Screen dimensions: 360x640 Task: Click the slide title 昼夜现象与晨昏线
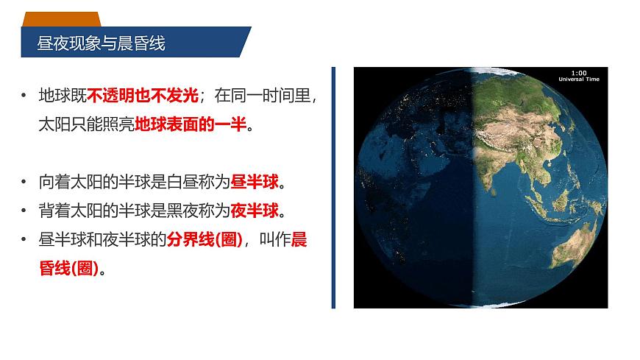point(101,44)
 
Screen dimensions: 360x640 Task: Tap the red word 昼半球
point(255,181)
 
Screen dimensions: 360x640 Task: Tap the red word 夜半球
point(255,211)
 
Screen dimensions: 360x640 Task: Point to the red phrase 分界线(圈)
point(204,241)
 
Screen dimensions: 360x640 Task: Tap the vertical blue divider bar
point(333,187)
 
